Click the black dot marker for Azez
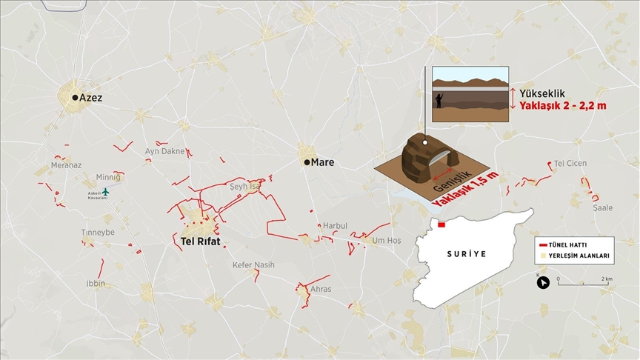[x=75, y=97]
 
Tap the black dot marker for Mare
[x=307, y=162]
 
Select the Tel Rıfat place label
[x=201, y=241]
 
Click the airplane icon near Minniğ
[x=105, y=192]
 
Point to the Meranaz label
[x=66, y=165]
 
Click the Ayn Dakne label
[x=164, y=151]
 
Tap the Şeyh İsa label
[x=246, y=187]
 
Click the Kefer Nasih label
[x=253, y=265]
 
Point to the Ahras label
[x=321, y=289]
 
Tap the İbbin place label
[x=95, y=284]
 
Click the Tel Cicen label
[x=570, y=163]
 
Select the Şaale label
[x=602, y=208]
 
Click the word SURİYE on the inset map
[x=467, y=254]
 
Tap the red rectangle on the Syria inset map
[x=441, y=224]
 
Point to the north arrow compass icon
[x=543, y=282]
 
